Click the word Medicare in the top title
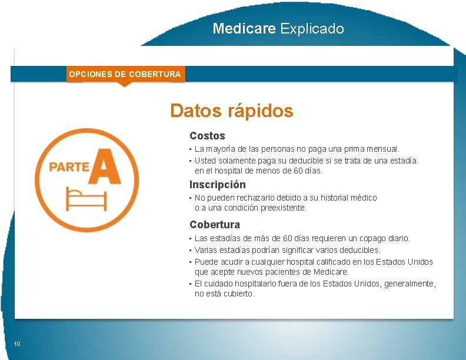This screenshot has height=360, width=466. click(x=244, y=28)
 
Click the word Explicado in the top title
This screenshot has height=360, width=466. click(x=312, y=29)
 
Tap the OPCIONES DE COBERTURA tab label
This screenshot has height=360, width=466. click(x=125, y=74)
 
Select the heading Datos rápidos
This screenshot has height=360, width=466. click(x=231, y=111)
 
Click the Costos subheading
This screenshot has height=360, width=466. click(x=207, y=136)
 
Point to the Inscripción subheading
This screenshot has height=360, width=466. click(x=218, y=185)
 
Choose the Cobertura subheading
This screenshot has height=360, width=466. click(x=215, y=225)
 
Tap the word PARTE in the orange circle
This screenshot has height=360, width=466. click(x=69, y=167)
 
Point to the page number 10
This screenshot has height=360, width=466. click(x=17, y=344)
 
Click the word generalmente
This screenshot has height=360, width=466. click(x=410, y=284)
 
